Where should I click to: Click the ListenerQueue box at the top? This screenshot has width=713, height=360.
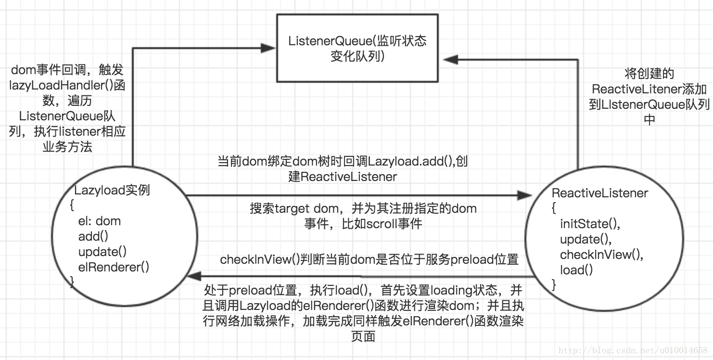[x=357, y=48]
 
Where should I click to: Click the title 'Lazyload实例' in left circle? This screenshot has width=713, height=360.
[x=112, y=190]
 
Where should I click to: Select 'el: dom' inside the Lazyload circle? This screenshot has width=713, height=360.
[x=100, y=221]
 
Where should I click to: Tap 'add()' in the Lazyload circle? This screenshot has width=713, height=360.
[x=93, y=236]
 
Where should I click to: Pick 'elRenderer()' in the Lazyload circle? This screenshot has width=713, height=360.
[x=114, y=267]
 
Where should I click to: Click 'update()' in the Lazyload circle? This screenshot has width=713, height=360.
[x=102, y=252]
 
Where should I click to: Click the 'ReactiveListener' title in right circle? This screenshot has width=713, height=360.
[x=600, y=193]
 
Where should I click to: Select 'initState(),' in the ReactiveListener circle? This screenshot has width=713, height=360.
[x=590, y=224]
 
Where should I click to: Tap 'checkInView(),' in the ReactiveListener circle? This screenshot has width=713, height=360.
[x=601, y=255]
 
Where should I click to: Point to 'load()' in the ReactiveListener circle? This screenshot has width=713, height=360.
[x=576, y=270]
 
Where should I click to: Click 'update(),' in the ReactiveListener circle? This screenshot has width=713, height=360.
[x=585, y=239]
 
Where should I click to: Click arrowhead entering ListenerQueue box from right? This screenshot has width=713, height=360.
[x=450, y=59]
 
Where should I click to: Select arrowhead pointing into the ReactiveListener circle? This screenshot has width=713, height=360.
[x=524, y=195]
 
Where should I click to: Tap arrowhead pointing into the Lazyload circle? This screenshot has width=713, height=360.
[x=194, y=276]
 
